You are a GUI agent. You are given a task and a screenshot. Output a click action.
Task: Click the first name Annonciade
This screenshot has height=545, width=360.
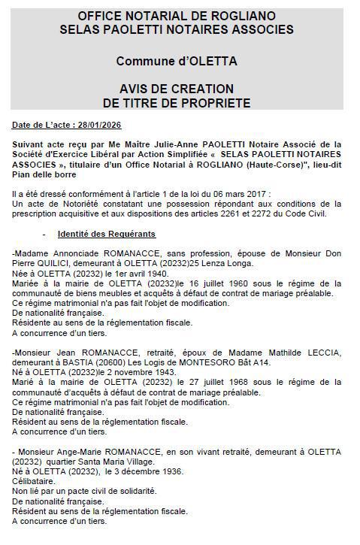click(x=72, y=254)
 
